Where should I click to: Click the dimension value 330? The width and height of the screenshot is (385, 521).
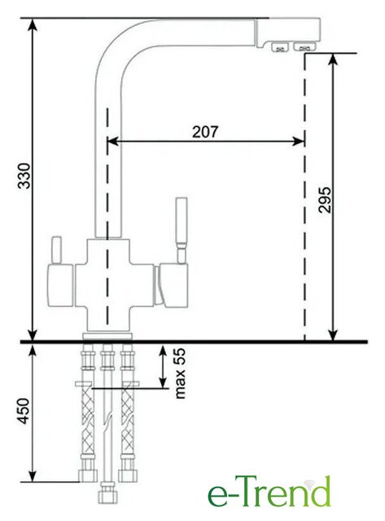24,176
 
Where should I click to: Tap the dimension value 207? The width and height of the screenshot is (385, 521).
206,132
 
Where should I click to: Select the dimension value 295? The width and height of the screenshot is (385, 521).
325,200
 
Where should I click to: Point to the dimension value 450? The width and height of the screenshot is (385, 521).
24,411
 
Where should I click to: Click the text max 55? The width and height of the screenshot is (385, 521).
180,373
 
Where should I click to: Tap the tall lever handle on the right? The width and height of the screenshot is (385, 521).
182,230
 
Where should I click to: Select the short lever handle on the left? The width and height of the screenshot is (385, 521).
56,250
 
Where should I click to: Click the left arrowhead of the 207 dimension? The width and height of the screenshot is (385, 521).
113,141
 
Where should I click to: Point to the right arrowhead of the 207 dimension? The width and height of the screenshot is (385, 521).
298,141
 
